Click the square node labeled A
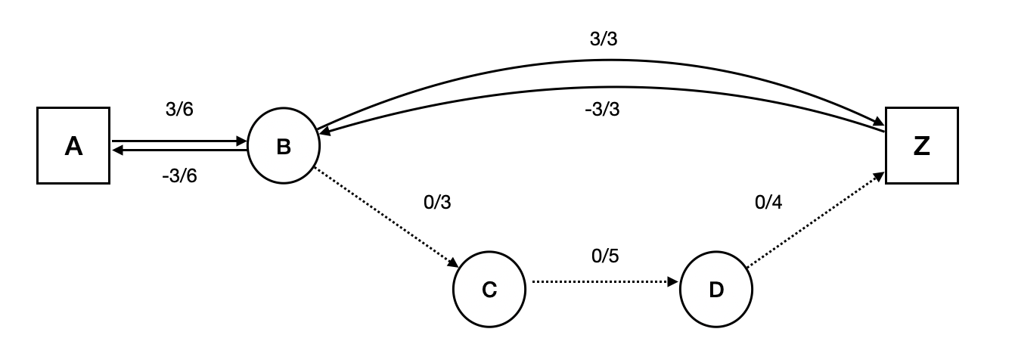(x=73, y=145)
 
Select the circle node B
(x=283, y=147)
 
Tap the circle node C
(x=489, y=290)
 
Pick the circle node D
(x=715, y=290)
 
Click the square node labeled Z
(x=921, y=145)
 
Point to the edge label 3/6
(x=179, y=110)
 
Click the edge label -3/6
(x=178, y=177)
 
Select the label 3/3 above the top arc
(x=603, y=39)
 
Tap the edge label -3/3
(x=603, y=109)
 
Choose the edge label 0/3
(x=439, y=203)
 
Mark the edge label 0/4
(x=768, y=202)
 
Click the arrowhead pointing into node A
(x=118, y=150)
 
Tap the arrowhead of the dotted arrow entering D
(x=674, y=282)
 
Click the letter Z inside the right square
(x=921, y=146)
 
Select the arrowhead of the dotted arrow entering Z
(x=879, y=175)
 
